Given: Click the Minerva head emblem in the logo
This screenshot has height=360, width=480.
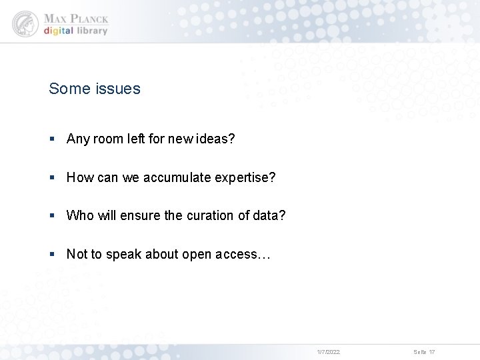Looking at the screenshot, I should [25, 23].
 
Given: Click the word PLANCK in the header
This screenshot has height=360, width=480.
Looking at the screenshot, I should [89, 19].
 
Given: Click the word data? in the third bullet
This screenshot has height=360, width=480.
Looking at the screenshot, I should [271, 216].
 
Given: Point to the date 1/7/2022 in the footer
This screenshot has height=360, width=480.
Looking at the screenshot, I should [328, 352].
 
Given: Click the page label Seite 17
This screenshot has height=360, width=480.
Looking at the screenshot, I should [424, 352].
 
